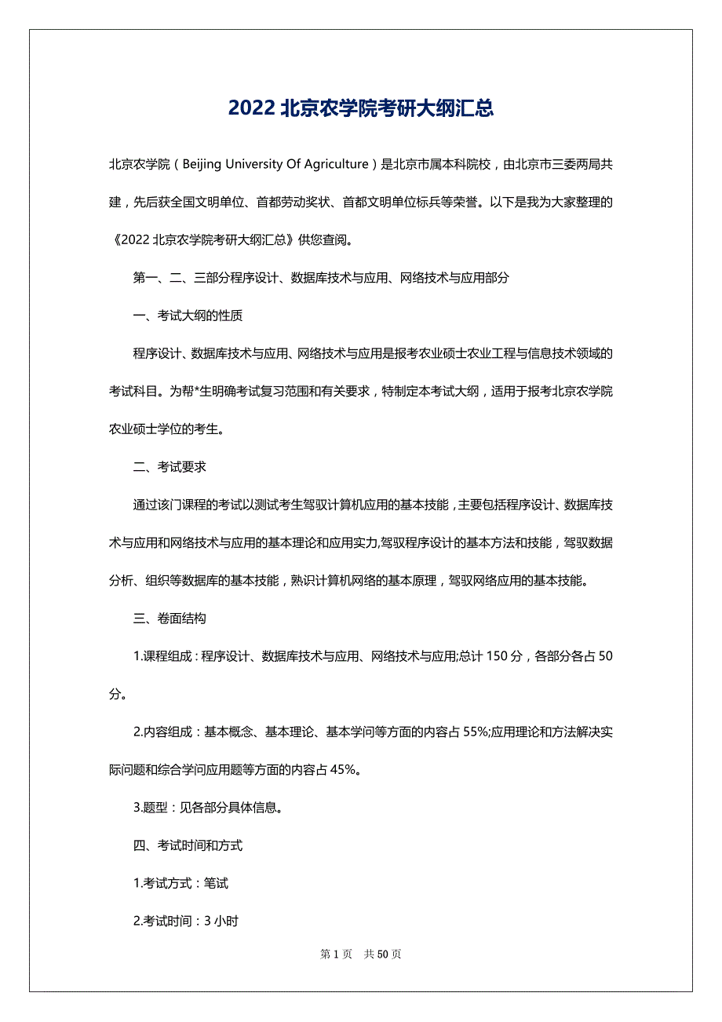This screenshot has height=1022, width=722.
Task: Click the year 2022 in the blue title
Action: (251, 108)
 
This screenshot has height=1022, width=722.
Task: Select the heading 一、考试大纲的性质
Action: (188, 316)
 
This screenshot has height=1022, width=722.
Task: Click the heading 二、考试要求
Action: (170, 466)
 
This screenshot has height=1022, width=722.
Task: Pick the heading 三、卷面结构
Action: (170, 618)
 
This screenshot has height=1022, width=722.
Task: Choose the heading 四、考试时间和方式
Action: (188, 845)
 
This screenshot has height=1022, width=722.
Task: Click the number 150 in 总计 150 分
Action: (498, 656)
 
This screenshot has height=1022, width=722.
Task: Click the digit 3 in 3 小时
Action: (207, 921)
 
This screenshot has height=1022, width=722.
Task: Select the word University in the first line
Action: (253, 164)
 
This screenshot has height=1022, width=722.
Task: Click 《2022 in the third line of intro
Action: (129, 240)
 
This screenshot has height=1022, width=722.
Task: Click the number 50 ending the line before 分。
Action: (605, 656)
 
